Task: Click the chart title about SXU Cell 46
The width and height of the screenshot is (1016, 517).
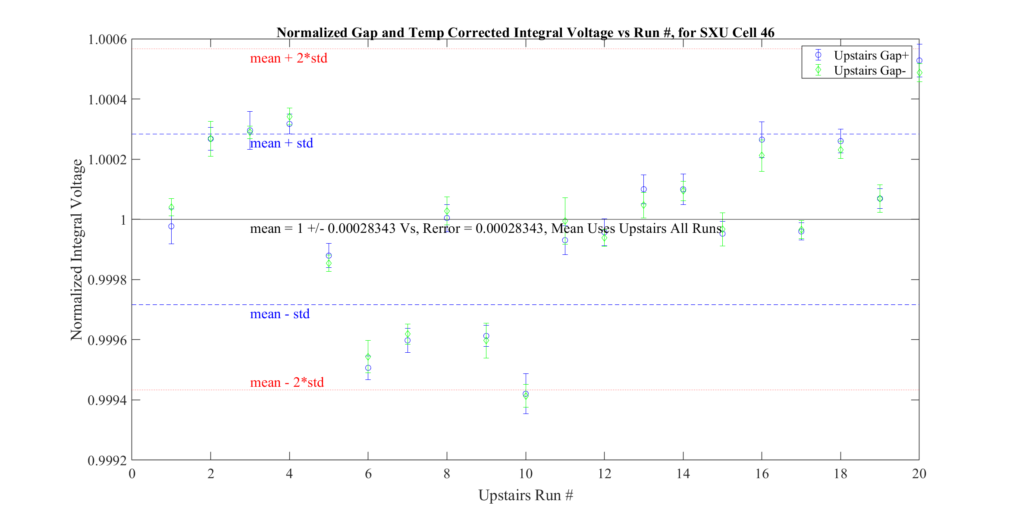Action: coord(525,32)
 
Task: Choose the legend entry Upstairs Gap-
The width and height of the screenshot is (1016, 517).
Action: coord(869,71)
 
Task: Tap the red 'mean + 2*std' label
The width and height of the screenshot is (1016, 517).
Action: coord(288,58)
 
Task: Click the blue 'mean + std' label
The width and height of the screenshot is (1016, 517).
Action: coord(282,143)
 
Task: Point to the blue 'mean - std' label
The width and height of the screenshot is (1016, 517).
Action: coord(280,314)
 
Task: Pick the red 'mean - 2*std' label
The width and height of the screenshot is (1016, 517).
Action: coord(287,382)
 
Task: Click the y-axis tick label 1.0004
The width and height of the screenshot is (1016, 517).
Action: coord(107,100)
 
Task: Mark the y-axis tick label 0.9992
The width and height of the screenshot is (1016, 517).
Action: coord(107,461)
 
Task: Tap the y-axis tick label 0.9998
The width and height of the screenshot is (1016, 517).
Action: coord(107,280)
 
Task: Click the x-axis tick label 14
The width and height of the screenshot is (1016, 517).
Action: coord(683,474)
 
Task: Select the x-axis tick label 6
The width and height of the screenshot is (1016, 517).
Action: coord(368,474)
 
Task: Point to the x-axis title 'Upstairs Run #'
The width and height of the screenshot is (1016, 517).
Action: coord(526,495)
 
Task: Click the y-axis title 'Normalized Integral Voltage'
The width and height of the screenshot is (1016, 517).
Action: coord(77,250)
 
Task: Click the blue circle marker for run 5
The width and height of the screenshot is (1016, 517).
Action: coord(329,256)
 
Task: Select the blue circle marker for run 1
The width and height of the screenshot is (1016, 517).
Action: coord(171,226)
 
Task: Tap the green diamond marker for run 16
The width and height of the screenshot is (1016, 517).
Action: coord(762,156)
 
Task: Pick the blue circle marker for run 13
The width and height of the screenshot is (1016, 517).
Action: coord(643,189)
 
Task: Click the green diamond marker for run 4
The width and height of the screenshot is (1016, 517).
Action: coord(289,117)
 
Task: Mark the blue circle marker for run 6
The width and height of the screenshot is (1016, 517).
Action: coord(368,368)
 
